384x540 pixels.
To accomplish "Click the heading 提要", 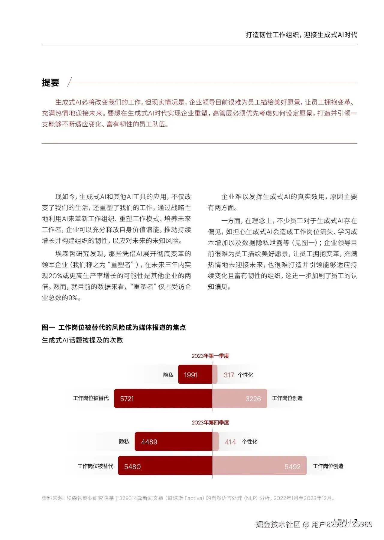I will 50,83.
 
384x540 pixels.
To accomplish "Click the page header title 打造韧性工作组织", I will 301,35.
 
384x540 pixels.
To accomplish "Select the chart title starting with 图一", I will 114,327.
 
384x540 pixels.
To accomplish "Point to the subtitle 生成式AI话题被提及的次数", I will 82,340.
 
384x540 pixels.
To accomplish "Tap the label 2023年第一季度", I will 210,356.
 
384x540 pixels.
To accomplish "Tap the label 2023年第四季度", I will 210,422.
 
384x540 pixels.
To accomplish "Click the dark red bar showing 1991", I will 195,375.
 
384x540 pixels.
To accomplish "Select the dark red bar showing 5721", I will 163,399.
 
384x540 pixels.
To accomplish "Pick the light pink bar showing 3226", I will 239,399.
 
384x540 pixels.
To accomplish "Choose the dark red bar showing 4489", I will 173,442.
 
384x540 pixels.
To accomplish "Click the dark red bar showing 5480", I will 165,466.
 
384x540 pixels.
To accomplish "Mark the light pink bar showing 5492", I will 259,466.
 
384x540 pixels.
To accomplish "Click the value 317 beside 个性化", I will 229,375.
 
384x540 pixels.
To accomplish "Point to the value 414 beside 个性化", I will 230,442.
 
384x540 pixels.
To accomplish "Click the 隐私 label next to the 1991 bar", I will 168,375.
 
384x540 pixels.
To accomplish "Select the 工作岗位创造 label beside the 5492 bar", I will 328,466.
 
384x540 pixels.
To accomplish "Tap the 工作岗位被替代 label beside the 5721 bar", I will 91,398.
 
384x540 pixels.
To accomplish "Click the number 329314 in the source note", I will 128,498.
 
